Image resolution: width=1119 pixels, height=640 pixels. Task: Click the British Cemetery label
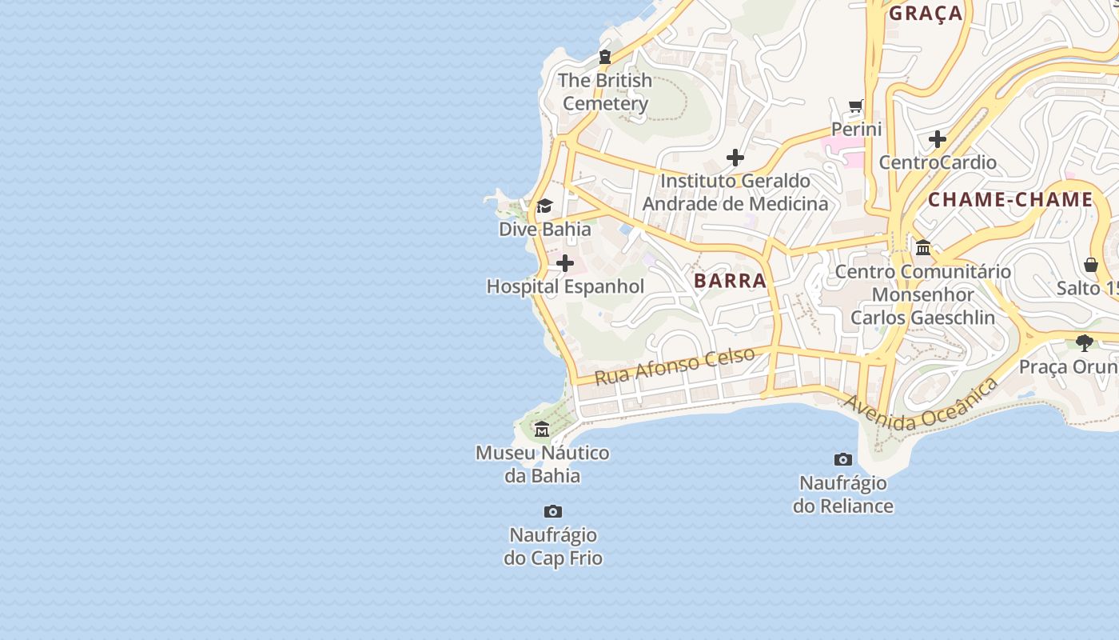(x=605, y=92)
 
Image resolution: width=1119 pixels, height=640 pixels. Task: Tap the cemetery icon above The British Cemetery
(x=605, y=57)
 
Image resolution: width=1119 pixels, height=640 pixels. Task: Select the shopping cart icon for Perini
(x=856, y=106)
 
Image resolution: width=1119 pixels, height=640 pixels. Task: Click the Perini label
(x=856, y=129)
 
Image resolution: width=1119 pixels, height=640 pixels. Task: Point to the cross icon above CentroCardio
(x=938, y=140)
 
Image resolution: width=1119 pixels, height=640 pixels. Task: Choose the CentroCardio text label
(x=938, y=162)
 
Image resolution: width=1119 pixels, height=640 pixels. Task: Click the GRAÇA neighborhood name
(x=926, y=13)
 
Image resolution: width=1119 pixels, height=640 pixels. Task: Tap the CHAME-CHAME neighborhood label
(x=1010, y=200)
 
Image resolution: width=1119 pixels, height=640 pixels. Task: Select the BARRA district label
(x=730, y=281)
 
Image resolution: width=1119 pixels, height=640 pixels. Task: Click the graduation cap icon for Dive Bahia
(x=544, y=206)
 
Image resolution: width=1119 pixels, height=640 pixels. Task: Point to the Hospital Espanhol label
(x=565, y=286)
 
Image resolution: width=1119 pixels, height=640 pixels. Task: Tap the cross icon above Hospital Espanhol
(x=565, y=263)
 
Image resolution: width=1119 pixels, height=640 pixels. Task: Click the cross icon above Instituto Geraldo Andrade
(x=735, y=158)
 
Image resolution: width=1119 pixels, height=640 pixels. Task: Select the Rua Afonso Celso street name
(x=675, y=366)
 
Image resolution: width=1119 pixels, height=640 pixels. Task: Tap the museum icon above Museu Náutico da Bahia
(x=542, y=430)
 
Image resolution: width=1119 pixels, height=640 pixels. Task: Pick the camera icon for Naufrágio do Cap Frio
(x=552, y=511)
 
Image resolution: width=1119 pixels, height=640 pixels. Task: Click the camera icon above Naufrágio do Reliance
(x=842, y=459)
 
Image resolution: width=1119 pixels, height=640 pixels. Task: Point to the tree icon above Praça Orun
(x=1085, y=343)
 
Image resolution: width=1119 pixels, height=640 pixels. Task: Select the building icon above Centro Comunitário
(x=923, y=248)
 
